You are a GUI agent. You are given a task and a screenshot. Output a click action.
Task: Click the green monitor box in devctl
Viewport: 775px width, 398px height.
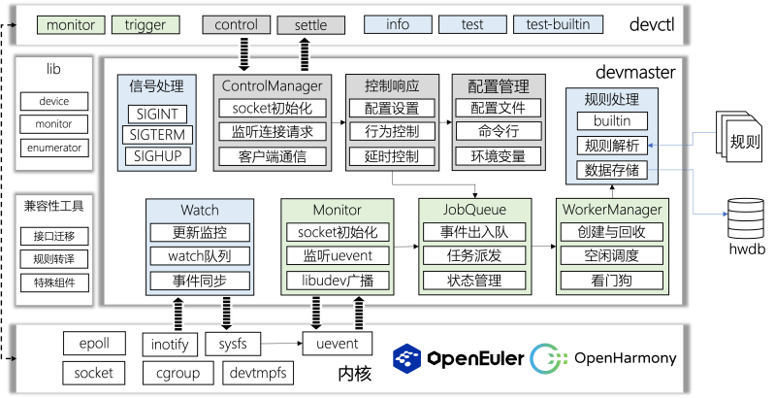70,23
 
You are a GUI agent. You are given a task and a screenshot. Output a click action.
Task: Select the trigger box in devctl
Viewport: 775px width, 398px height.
145,23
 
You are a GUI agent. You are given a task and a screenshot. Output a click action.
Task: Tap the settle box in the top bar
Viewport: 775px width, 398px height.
310,23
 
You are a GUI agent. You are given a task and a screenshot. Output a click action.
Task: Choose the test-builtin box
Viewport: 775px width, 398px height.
558,23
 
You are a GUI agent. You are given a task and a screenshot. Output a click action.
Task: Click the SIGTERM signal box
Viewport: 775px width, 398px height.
156,134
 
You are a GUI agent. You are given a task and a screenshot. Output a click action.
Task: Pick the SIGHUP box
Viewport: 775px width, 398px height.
156,155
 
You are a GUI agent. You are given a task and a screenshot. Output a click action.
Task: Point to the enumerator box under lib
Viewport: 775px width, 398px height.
54,148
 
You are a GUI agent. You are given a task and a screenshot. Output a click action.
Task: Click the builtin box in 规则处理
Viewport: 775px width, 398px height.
611,120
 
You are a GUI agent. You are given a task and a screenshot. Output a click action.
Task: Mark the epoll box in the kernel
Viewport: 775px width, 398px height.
93,344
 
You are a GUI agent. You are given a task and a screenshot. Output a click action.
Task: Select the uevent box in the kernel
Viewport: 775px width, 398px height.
338,344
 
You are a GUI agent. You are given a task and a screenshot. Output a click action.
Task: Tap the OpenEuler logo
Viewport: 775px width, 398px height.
457,358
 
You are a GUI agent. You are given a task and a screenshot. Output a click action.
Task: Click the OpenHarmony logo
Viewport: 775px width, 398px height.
604,358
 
